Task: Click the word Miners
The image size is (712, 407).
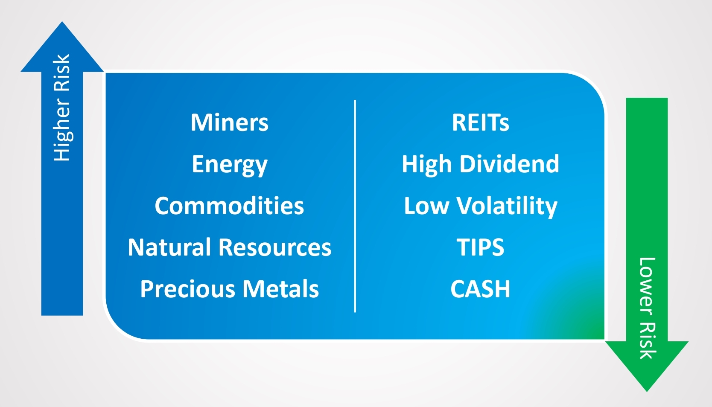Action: point(230,122)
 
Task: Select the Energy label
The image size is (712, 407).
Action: point(230,165)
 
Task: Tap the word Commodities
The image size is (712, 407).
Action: point(229,206)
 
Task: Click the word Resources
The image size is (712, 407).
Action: point(275,247)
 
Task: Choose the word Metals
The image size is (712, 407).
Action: point(281,289)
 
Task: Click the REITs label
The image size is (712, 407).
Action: point(480,122)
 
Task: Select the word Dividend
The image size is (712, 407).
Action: point(509,164)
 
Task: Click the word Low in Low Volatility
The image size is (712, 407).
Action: point(426,206)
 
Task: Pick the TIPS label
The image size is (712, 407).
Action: point(480,247)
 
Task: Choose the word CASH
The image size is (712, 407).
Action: point(480,289)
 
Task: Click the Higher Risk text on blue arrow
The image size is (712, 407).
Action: point(62,108)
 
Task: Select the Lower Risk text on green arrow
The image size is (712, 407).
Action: point(647,308)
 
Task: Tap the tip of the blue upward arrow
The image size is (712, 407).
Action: point(62,22)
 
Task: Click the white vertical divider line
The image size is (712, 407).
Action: point(355,206)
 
